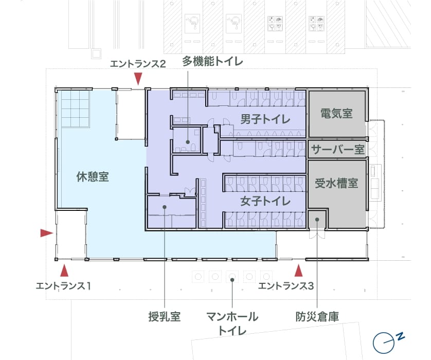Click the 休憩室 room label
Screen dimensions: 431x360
coord(93,177)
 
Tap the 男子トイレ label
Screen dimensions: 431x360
coord(265,119)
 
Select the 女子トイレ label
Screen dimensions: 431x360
coord(265,201)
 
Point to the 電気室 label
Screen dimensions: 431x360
coord(336,113)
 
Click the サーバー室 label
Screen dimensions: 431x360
coord(338,150)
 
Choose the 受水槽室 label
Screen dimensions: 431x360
coord(336,183)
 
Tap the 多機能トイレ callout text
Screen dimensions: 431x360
coord(212,61)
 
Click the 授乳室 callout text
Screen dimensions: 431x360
coord(165,317)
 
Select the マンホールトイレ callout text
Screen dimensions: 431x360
coord(232,323)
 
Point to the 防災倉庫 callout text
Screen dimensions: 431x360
coord(317,317)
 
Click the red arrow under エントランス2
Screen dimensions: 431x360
coord(138,79)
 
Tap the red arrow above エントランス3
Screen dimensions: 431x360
coord(298,270)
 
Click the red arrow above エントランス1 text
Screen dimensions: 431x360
coord(64,270)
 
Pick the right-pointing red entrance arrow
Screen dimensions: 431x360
coord(47,233)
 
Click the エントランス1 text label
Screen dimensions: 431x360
coord(63,286)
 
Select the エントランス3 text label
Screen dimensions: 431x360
coord(285,286)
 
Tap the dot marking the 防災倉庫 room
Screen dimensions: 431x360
coord(317,219)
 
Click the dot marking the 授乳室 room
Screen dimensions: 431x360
coord(165,207)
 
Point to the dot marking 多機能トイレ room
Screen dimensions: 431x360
coord(188,142)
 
